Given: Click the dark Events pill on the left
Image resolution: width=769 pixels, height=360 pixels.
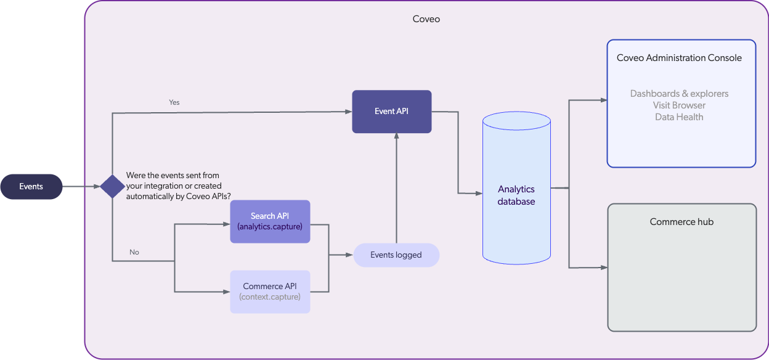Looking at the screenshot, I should tap(31, 187).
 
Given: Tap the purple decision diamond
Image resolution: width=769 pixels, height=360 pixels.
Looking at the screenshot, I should tap(112, 186).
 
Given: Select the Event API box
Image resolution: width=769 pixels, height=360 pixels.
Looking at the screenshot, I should tap(391, 112).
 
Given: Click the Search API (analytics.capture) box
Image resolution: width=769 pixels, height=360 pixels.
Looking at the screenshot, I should tap(270, 221).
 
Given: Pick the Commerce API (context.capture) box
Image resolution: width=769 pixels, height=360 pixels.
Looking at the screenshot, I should tap(270, 292).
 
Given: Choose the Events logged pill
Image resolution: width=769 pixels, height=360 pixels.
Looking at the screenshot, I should tap(396, 255).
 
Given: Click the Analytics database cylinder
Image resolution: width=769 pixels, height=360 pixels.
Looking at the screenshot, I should tap(516, 195).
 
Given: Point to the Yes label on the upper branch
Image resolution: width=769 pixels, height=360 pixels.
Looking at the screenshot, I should tap(174, 102).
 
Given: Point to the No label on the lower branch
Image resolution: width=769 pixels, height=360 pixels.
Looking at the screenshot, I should tap(134, 252).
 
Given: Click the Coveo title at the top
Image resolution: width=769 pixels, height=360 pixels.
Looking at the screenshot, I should tap(426, 19).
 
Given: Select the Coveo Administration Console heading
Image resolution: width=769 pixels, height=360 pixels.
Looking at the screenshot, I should tap(679, 58).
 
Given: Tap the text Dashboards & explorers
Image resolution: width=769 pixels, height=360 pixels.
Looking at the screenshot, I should tap(679, 94).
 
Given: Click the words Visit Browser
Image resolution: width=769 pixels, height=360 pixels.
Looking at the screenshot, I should tap(679, 105).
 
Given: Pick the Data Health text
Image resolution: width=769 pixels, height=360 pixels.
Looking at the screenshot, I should tap(679, 117).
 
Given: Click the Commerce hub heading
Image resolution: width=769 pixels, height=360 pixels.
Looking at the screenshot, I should tap(682, 222).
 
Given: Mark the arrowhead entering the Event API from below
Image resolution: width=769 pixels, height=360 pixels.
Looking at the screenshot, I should tap(396, 137).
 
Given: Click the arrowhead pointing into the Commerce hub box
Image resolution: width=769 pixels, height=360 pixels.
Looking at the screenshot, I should tap(604, 268).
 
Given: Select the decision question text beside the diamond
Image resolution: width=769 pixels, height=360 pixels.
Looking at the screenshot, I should tap(174, 186).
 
